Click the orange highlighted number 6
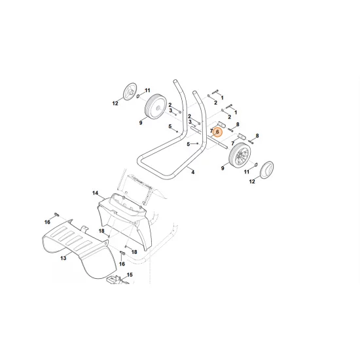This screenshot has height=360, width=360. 217,132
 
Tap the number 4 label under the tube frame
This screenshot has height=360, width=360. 193,172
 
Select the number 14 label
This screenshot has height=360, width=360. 96,193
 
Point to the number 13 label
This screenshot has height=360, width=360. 63,258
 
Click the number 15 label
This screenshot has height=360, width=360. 130,275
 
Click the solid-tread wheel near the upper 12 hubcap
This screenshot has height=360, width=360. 156,106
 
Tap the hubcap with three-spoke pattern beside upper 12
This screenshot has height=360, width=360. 130,92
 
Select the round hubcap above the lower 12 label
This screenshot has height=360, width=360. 266,170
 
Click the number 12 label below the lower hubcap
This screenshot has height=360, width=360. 252,181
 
